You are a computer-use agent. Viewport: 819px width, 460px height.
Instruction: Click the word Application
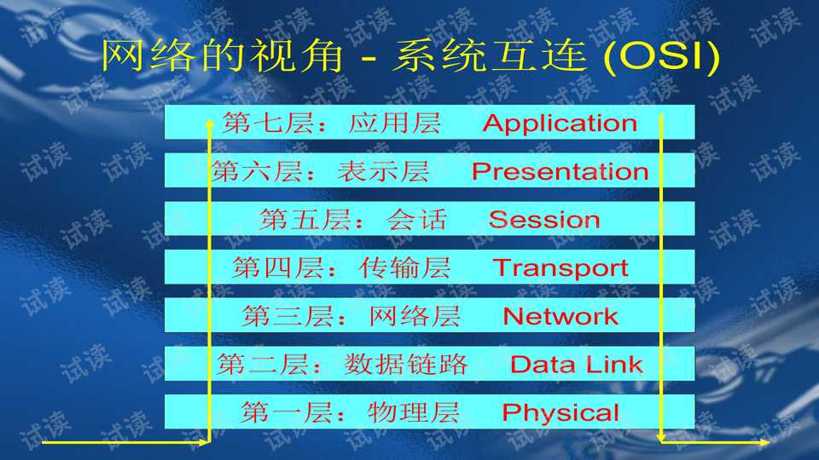(560, 124)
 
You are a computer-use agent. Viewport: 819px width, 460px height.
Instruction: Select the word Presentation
(560, 172)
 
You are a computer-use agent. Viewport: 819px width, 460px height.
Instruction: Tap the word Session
(544, 220)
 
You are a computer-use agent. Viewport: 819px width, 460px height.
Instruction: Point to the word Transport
(561, 268)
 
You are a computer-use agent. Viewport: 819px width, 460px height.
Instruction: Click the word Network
(561, 317)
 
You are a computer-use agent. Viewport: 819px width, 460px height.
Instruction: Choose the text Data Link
(576, 365)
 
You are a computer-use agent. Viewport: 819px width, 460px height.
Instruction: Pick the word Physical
(561, 414)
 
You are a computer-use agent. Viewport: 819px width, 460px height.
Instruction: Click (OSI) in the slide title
(662, 56)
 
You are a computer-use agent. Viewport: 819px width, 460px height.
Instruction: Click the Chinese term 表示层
(383, 172)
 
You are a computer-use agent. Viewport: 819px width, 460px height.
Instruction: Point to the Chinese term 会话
(416, 220)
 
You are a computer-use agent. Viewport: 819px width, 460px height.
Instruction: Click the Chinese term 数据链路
(406, 365)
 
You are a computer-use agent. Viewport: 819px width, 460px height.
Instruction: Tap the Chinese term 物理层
(414, 414)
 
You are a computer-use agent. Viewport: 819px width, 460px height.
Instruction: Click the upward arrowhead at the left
(210, 124)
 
